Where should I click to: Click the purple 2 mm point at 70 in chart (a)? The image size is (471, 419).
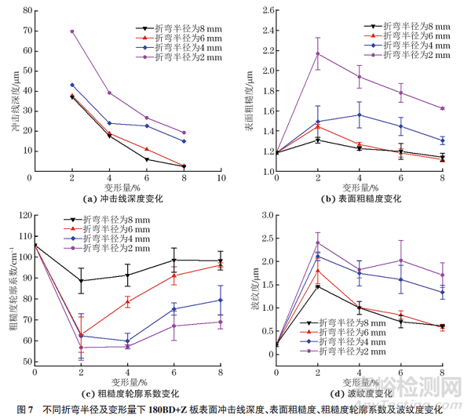[72, 31]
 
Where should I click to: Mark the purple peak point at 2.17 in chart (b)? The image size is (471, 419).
[317, 53]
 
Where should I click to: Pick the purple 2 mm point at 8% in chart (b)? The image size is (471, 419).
[443, 108]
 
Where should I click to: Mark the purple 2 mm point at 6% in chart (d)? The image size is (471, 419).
[401, 261]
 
